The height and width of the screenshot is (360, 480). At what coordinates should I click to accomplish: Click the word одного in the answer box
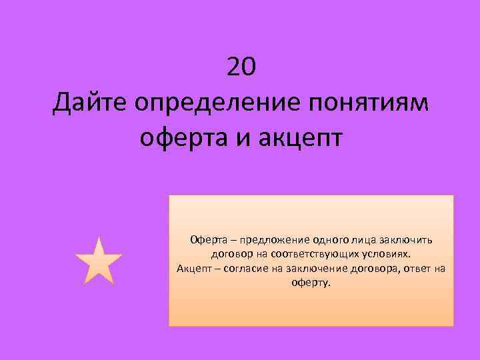click(322, 241)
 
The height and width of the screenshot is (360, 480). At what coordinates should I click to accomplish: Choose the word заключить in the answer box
click(409, 241)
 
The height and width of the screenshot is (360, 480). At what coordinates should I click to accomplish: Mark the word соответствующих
click(306, 255)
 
